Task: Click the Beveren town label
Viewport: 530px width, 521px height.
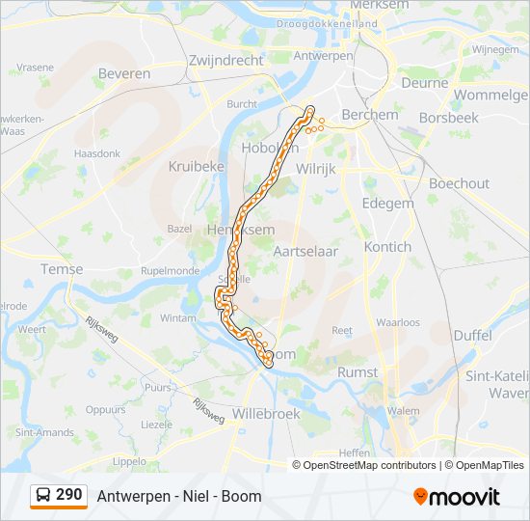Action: click(x=124, y=73)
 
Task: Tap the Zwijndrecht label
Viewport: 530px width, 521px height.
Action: click(x=226, y=59)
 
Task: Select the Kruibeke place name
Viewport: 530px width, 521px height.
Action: click(x=197, y=166)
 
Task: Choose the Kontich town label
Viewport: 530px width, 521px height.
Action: click(x=388, y=246)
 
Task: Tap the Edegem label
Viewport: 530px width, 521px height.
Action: click(x=387, y=204)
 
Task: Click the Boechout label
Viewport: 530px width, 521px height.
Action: click(x=459, y=183)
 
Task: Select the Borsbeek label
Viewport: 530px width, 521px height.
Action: click(x=449, y=118)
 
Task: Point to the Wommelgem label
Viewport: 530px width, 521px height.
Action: click(x=491, y=96)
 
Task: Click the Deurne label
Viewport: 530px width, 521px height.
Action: click(x=425, y=83)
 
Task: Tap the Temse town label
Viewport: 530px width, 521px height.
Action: click(x=62, y=269)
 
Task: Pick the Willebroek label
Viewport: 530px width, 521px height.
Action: click(x=266, y=413)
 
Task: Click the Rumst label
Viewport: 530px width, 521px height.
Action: click(x=358, y=371)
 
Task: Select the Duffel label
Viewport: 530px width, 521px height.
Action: click(x=472, y=335)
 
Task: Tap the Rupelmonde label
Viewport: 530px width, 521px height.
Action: click(x=170, y=271)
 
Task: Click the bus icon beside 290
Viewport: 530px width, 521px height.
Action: click(x=43, y=495)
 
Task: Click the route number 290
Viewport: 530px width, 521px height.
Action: click(x=69, y=495)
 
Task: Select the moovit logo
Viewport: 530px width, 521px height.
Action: click(x=457, y=496)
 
